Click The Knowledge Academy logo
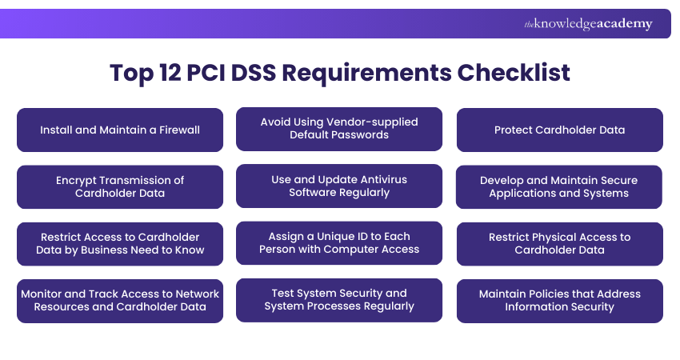pyautogui.click(x=588, y=24)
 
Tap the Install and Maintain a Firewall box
pyautogui.click(x=120, y=130)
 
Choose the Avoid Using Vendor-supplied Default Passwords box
pyautogui.click(x=339, y=129)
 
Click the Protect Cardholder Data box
pyautogui.click(x=559, y=130)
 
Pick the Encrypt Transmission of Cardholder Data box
pyautogui.click(x=120, y=186)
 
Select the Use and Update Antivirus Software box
pyautogui.click(x=339, y=186)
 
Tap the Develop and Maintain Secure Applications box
pyautogui.click(x=559, y=186)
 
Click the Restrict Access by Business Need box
pyautogui.click(x=120, y=243)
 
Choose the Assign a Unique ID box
pyautogui.click(x=339, y=242)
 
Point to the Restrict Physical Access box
pyautogui.click(x=559, y=243)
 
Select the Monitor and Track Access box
pyautogui.click(x=120, y=300)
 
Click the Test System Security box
pyautogui.click(x=339, y=299)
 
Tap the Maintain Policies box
pyautogui.click(x=559, y=300)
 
